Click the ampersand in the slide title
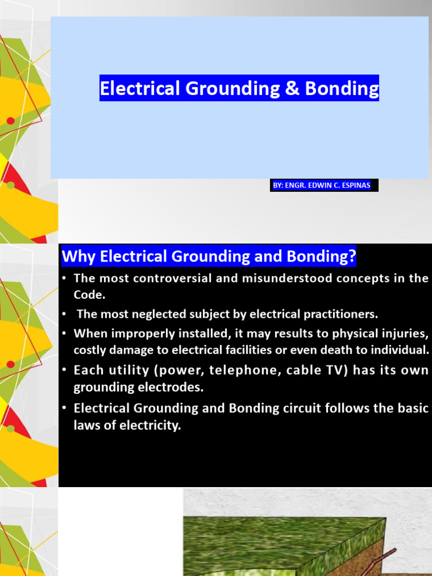coord(292,88)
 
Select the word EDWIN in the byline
coord(322,186)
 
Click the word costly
coord(89,350)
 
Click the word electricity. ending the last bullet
coord(151,425)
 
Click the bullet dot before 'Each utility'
coord(65,371)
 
